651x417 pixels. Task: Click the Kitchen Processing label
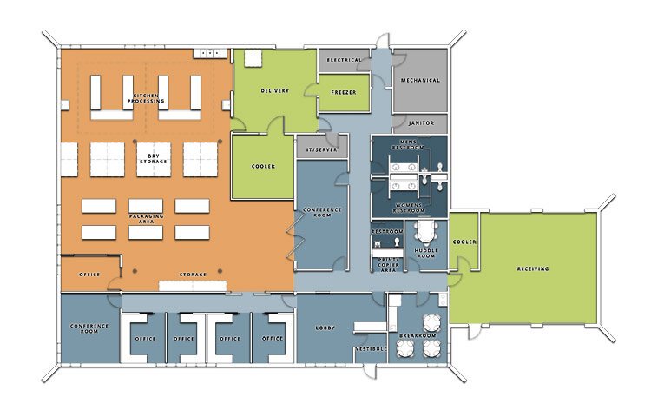[146, 97]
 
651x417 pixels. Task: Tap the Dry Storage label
[153, 157]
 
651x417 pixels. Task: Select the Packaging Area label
[146, 218]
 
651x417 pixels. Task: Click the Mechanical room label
[420, 81]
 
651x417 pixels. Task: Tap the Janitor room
[420, 123]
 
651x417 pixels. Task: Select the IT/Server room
[321, 149]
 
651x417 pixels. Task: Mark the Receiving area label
[532, 269]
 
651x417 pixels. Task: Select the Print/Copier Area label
[387, 263]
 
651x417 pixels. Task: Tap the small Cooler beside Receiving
[464, 242]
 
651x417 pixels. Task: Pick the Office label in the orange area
[89, 275]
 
